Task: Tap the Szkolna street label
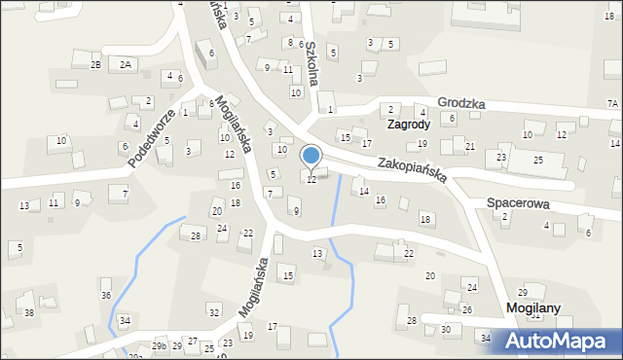pyautogui.click(x=311, y=65)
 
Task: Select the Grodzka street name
pyautogui.click(x=461, y=103)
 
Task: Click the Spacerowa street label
pyautogui.click(x=519, y=204)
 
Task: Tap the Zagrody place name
pyautogui.click(x=408, y=126)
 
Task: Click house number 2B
pyautogui.click(x=95, y=64)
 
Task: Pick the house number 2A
pyautogui.click(x=125, y=64)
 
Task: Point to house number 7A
pyautogui.click(x=612, y=103)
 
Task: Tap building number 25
pyautogui.click(x=537, y=160)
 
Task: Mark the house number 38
pyautogui.click(x=29, y=312)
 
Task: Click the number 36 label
pyautogui.click(x=106, y=295)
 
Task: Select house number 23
pyautogui.click(x=501, y=157)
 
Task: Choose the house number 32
pyautogui.click(x=213, y=312)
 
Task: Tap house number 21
pyautogui.click(x=469, y=146)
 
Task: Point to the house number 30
pyautogui.click(x=445, y=329)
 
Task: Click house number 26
pyautogui.click(x=466, y=309)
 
